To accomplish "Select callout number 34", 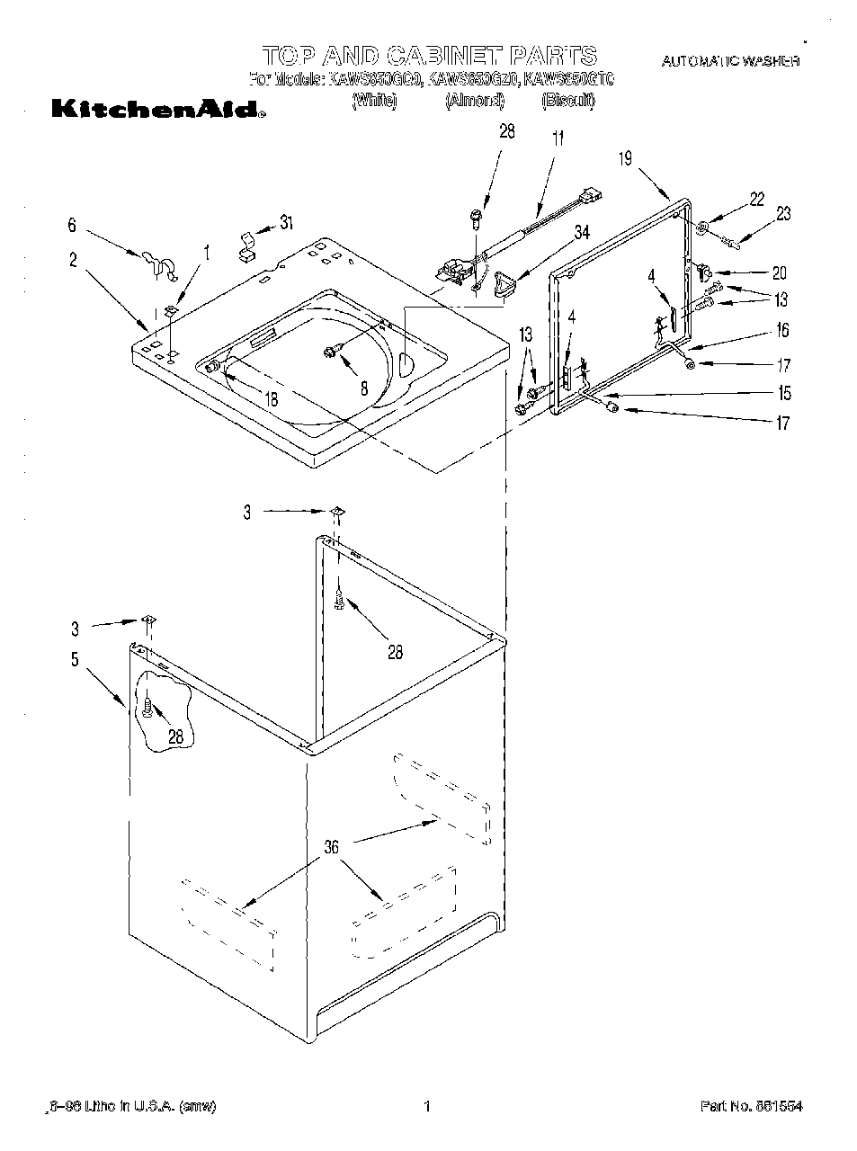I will (582, 233).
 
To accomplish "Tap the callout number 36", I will (333, 846).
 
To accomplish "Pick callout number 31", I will (286, 222).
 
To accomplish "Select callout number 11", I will (558, 139).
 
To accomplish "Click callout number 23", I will (783, 213).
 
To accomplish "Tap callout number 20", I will (779, 273).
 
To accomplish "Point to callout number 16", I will (783, 331).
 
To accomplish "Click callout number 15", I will (785, 393).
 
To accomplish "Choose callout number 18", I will (271, 399).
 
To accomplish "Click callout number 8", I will (364, 388).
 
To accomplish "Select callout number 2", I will (72, 261).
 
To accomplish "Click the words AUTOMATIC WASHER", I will (730, 61).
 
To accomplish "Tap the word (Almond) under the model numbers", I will (475, 101).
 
